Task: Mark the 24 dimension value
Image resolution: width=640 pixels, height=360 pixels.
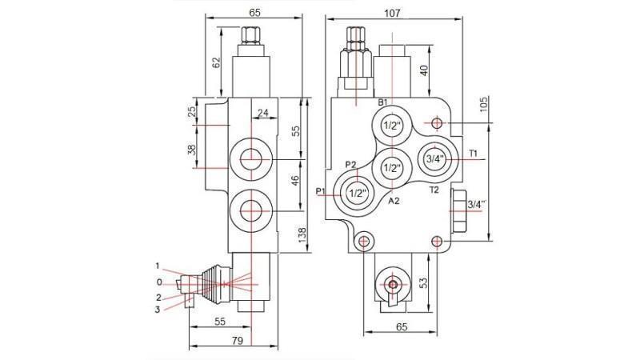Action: (x=262, y=113)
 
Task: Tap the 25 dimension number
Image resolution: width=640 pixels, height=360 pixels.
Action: (x=192, y=112)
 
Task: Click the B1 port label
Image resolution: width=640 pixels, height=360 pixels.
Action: (x=382, y=102)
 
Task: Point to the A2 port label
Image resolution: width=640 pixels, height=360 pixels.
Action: (x=394, y=202)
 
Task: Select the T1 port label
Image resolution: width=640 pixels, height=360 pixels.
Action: (x=473, y=153)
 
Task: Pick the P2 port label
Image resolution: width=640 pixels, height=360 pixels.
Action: (x=350, y=165)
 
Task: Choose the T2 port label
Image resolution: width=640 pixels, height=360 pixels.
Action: (x=434, y=190)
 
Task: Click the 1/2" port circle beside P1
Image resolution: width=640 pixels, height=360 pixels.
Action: (x=355, y=193)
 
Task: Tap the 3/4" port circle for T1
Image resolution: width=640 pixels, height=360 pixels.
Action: (x=435, y=159)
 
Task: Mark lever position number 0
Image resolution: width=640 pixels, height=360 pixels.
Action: (x=159, y=282)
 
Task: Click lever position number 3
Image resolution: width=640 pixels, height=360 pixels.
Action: (x=158, y=309)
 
